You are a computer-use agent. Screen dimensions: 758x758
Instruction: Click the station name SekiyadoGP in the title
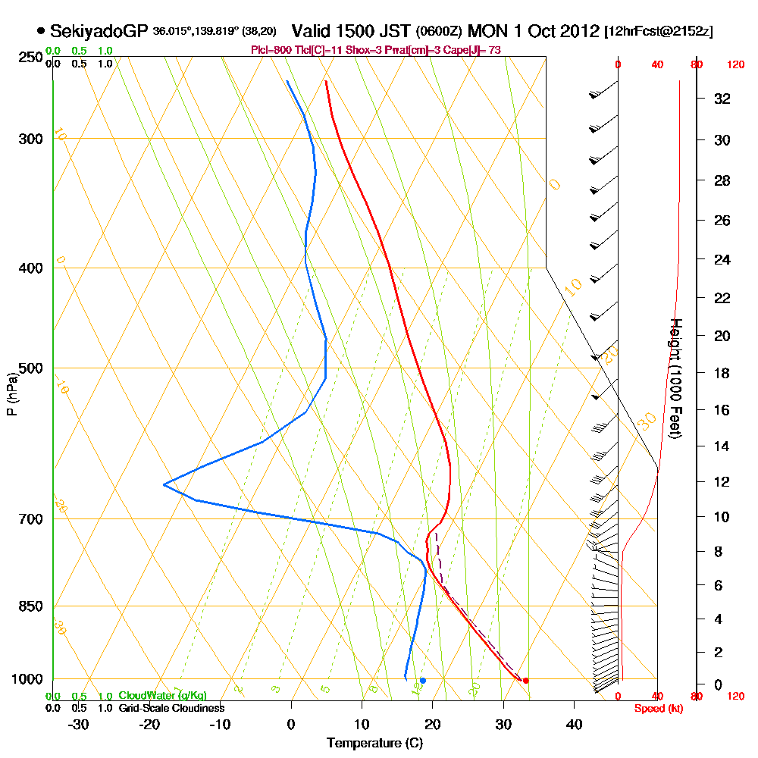point(99,31)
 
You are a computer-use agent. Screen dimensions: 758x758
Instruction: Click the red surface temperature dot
point(525,680)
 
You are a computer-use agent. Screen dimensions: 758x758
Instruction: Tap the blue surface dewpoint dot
point(423,680)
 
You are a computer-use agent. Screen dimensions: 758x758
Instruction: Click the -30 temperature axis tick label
point(78,724)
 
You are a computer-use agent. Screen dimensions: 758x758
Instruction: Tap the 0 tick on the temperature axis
point(291,724)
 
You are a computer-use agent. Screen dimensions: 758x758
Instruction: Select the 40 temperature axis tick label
point(574,724)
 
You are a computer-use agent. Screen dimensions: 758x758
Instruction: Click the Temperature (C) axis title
point(374,743)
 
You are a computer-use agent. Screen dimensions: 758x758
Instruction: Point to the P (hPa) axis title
point(11,393)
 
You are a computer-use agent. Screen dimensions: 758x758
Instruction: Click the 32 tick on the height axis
point(722,98)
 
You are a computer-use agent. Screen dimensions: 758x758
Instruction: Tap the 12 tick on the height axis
point(722,481)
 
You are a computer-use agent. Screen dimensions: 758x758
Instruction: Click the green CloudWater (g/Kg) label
point(162,695)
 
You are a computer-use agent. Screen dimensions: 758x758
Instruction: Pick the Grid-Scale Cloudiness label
point(171,708)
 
